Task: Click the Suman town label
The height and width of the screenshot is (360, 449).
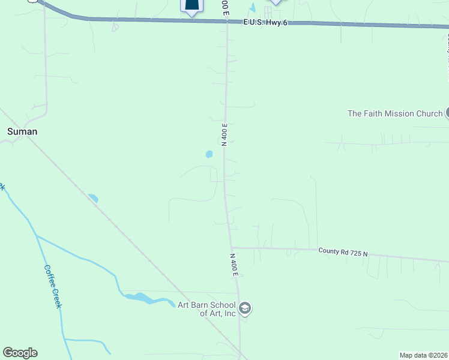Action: tap(22, 131)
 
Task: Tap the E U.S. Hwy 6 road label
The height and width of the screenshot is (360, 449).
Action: tap(267, 22)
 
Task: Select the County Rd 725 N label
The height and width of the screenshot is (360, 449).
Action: tap(343, 252)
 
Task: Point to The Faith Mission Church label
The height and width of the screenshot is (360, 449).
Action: tap(395, 113)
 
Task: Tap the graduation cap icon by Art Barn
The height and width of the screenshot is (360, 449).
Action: tap(244, 308)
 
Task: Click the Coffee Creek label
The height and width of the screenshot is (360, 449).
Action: tap(52, 287)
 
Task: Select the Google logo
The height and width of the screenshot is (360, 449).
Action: tap(20, 353)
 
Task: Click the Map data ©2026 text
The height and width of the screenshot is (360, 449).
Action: tap(423, 355)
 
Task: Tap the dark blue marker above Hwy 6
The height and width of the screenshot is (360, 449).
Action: tap(191, 6)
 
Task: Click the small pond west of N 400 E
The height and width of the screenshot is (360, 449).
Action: tap(209, 154)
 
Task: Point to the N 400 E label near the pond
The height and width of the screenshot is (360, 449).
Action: tap(224, 135)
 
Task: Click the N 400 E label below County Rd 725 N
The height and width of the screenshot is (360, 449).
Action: tap(234, 265)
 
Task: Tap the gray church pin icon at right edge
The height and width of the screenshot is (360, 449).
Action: tap(448, 113)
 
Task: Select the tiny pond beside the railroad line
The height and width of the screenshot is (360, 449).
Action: tap(92, 197)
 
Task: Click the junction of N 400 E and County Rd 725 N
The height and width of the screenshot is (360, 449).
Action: tap(231, 247)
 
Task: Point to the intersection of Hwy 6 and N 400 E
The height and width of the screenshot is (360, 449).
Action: tap(226, 21)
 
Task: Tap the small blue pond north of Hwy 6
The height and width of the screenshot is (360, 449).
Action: tap(253, 8)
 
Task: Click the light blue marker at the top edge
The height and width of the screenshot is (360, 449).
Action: tap(276, 2)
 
